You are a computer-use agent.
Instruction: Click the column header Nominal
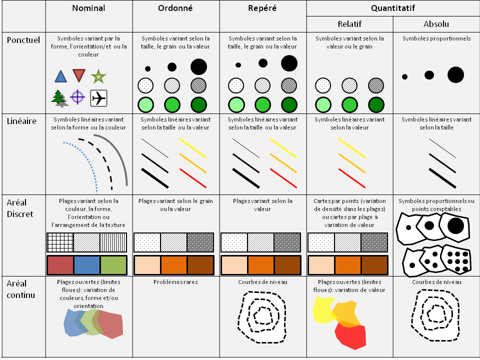tap(88, 8)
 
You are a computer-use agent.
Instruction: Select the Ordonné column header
tap(175, 8)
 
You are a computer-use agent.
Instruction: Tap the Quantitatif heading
tap(393, 8)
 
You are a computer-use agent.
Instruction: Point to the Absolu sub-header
tap(436, 24)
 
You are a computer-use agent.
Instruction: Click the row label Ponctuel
tap(23, 40)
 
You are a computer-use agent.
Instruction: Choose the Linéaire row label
tap(21, 121)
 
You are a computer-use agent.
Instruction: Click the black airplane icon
tap(98, 98)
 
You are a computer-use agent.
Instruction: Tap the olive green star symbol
tap(98, 76)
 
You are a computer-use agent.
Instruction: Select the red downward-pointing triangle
tap(78, 75)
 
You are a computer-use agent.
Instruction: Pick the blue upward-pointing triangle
tap(60, 76)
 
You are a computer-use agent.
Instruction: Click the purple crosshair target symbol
tap(77, 97)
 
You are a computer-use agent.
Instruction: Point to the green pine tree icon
tap(59, 98)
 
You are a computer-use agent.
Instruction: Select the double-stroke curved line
tap(116, 153)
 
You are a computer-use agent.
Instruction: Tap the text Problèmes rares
tap(175, 282)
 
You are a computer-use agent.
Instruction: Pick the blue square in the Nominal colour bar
tap(87, 265)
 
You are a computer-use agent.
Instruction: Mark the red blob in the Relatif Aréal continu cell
tap(350, 335)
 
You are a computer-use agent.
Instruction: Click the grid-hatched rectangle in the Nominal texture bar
tap(60, 242)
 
